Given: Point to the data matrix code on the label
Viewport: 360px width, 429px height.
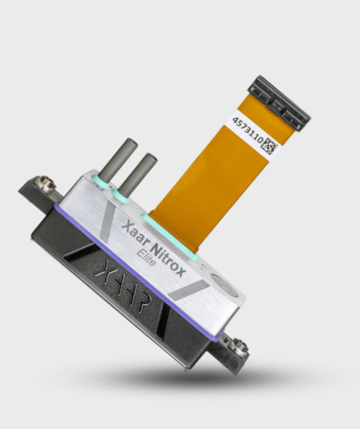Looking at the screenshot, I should pyautogui.click(x=269, y=142).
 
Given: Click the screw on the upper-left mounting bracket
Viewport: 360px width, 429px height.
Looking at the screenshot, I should pyautogui.click(x=42, y=180).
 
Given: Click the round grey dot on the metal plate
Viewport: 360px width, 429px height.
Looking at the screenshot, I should pyautogui.click(x=220, y=281).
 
